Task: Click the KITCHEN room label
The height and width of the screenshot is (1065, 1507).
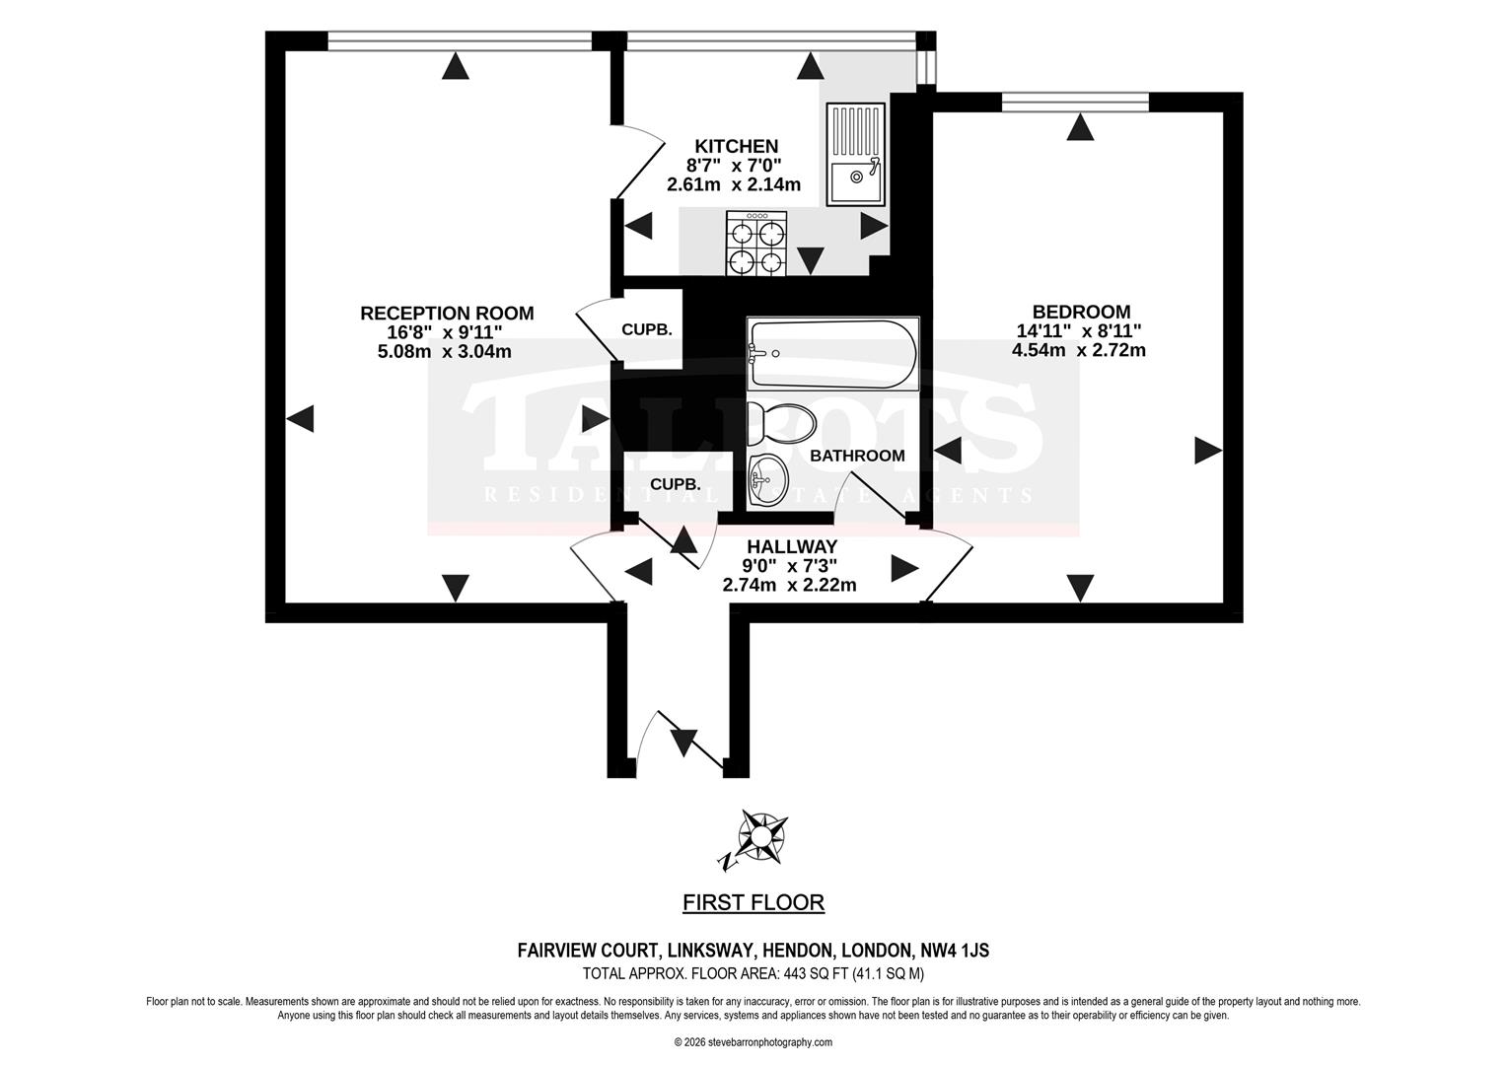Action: (736, 146)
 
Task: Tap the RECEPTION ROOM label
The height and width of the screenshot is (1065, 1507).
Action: (447, 313)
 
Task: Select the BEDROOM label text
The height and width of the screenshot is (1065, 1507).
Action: (1081, 312)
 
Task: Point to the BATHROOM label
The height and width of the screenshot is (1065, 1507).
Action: (857, 456)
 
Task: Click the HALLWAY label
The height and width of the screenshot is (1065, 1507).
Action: (793, 546)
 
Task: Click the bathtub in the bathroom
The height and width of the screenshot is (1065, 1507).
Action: (832, 354)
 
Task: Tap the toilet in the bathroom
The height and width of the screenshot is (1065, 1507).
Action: (782, 424)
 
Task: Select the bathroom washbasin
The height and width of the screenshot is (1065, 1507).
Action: (767, 480)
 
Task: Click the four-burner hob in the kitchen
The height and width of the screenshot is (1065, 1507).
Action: (756, 243)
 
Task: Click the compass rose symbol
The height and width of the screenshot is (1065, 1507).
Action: (762, 837)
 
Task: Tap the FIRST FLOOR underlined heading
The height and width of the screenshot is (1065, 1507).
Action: (753, 902)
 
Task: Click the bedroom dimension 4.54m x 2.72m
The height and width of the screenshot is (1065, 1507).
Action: (1078, 350)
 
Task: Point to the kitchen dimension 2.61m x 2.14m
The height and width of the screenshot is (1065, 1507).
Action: (734, 183)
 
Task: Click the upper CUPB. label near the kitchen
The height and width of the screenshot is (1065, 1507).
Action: (647, 329)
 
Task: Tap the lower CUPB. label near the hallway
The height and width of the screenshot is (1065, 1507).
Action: (676, 484)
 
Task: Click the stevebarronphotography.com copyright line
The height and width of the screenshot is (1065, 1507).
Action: (753, 1042)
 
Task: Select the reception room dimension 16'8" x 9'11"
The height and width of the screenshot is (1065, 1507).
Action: (445, 331)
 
